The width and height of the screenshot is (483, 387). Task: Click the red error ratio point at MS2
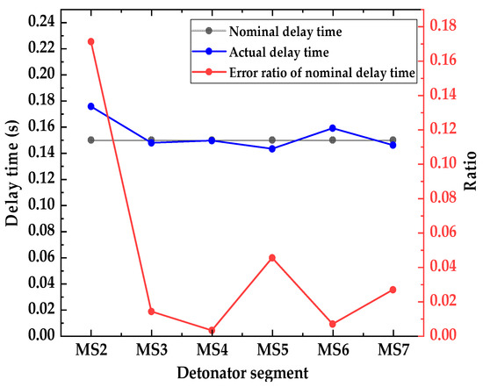point(90,41)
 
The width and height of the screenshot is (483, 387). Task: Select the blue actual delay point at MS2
point(90,106)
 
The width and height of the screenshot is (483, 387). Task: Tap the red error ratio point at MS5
point(272,257)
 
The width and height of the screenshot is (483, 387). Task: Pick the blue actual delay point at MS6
point(332,128)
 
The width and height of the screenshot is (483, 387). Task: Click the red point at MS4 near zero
point(212,331)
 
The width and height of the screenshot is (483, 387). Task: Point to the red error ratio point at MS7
point(393,290)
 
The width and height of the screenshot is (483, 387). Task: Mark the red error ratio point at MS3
point(151,312)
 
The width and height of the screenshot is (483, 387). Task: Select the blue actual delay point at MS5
point(272,148)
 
